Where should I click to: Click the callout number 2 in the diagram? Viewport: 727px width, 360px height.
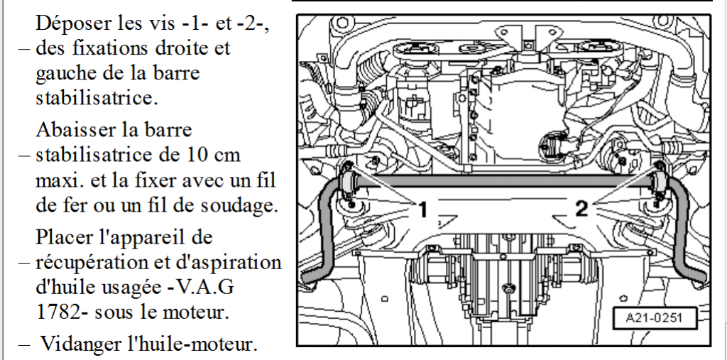[581, 209]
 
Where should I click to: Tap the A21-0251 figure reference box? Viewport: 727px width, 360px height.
[654, 318]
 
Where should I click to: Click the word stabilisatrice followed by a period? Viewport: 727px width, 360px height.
[97, 98]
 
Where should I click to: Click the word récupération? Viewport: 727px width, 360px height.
[87, 263]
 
